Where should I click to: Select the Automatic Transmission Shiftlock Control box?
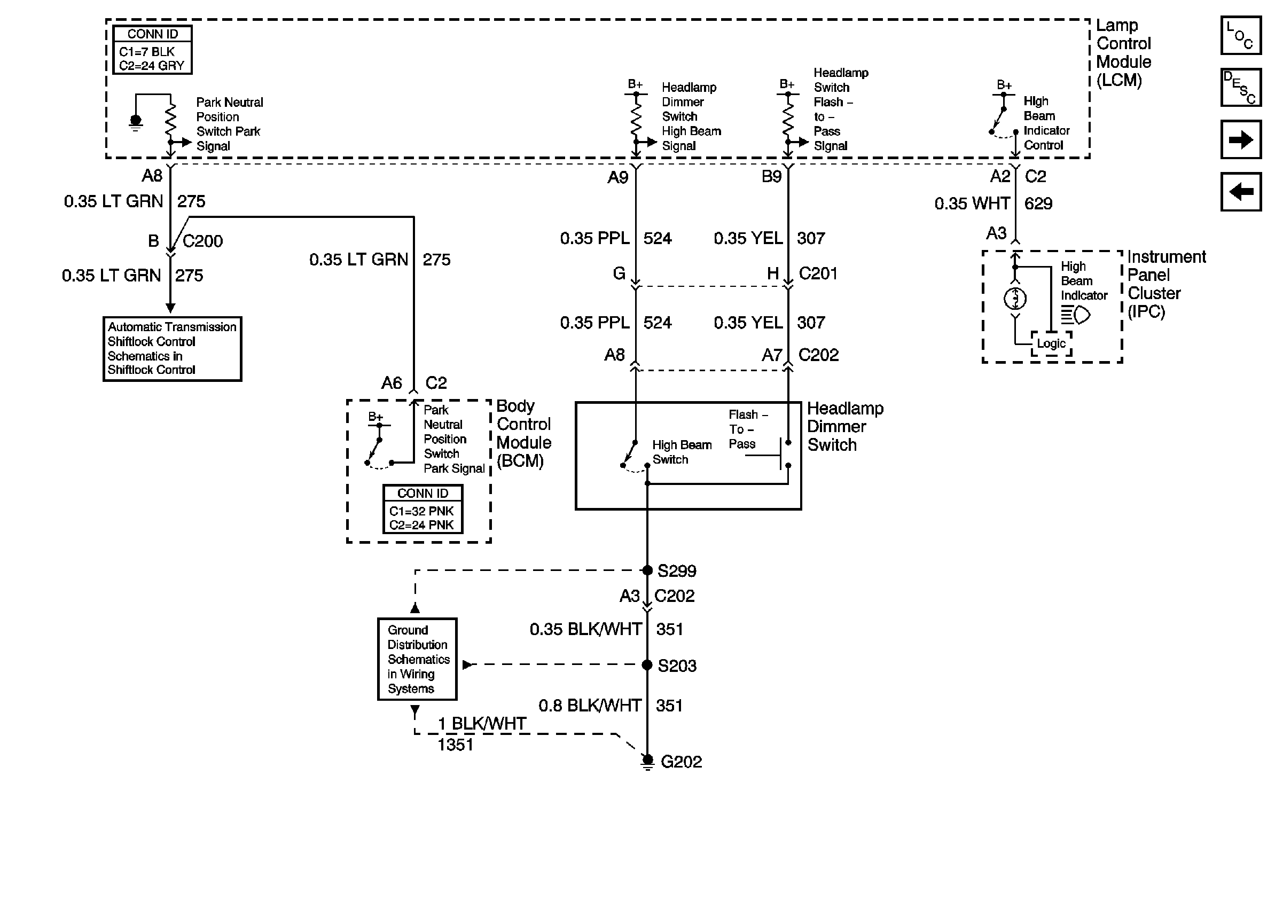[x=172, y=349]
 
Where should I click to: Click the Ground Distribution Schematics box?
[x=417, y=659]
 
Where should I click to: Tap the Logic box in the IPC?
[x=1051, y=343]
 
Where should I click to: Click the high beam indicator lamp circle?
[x=1015, y=299]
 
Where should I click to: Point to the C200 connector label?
[x=202, y=241]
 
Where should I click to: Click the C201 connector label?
[x=818, y=274]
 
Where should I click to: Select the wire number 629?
[x=1038, y=204]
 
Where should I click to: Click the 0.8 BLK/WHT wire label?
[x=590, y=706]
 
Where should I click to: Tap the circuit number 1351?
[x=455, y=745]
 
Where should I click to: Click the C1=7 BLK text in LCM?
[x=147, y=52]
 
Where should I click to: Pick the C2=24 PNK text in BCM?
[x=421, y=525]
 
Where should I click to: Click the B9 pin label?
[x=771, y=177]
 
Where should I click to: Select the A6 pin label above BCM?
[x=391, y=384]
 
